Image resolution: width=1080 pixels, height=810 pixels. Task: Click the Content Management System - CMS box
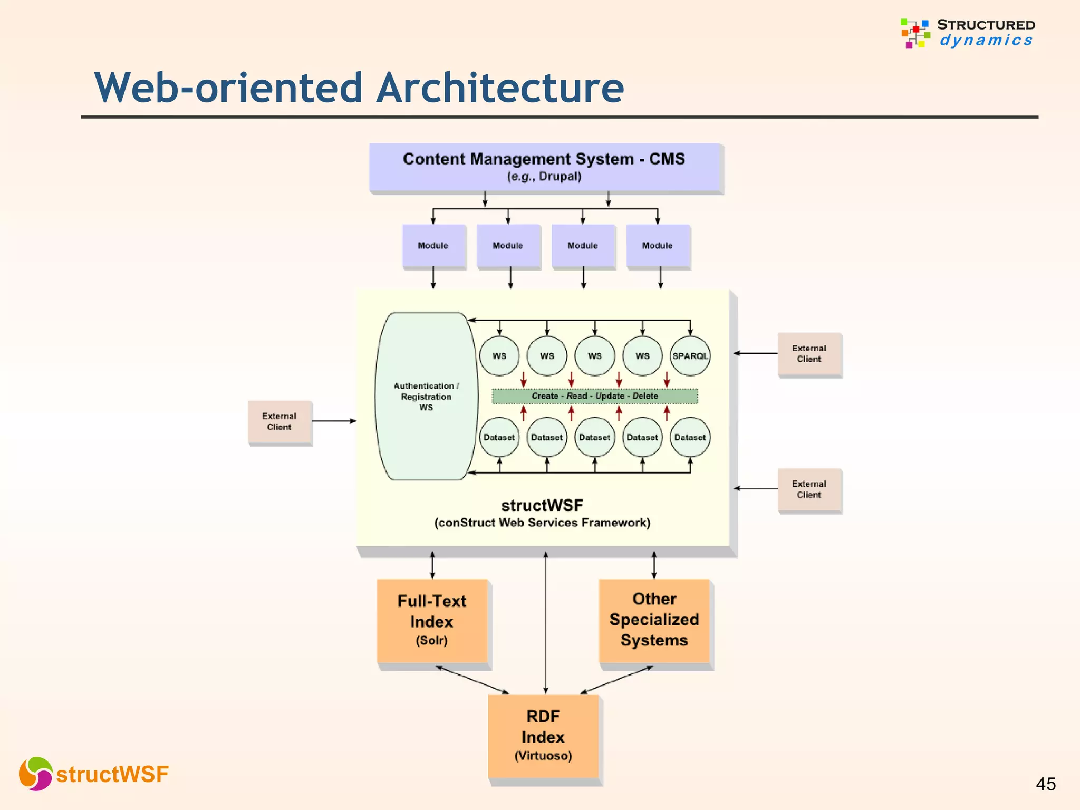pos(545,167)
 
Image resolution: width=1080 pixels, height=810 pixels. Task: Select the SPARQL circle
pos(690,356)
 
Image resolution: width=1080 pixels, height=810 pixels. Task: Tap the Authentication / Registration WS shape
pos(426,396)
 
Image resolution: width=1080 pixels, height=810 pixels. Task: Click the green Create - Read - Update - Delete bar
pos(594,396)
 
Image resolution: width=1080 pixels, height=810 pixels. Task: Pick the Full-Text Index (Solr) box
pos(432,621)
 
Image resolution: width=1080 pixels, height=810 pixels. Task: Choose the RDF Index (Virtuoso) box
pos(543,736)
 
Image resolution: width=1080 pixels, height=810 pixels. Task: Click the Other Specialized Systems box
pos(654,620)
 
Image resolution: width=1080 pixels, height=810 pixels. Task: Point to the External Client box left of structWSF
pos(279,422)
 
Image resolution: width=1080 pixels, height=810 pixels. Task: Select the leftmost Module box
pos(433,246)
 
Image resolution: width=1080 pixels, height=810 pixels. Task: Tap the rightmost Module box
pos(657,246)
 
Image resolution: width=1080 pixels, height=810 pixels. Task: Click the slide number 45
pos(1045,784)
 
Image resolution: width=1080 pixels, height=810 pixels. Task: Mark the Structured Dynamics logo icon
pos(915,33)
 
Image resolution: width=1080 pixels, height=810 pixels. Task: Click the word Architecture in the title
pos(500,88)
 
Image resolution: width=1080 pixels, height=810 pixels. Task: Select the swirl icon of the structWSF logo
pos(35,774)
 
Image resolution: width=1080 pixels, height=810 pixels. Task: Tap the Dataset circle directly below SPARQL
pos(690,437)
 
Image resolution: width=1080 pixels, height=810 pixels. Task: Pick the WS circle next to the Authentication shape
pos(499,356)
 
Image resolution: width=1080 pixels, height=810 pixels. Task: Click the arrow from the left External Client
pos(333,421)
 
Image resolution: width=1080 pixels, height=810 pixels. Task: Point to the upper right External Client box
pos(809,354)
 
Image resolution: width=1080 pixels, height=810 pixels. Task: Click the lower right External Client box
pos(809,489)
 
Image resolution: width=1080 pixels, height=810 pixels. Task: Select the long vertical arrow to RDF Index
pos(545,622)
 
